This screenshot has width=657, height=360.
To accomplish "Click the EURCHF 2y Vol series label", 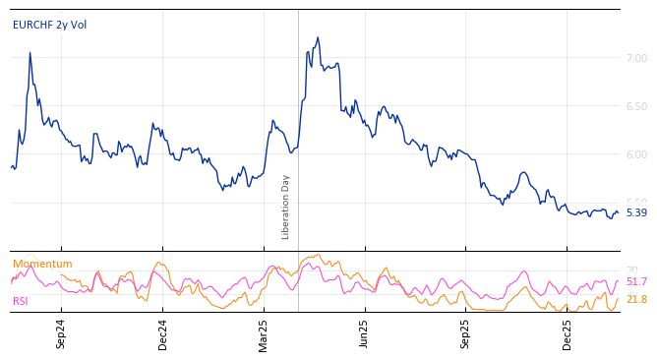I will pos(49,26).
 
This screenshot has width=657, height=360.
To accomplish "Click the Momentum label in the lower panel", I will pos(42,264).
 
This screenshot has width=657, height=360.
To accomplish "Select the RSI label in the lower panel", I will pos(21,301).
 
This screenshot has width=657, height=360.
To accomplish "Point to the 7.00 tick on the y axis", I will pos(636,58).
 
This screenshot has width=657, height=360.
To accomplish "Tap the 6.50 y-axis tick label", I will pos(636,106).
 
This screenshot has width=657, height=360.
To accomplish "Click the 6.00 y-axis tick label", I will pos(636,154).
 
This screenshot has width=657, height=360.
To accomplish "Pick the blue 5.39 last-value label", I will pos(636,212).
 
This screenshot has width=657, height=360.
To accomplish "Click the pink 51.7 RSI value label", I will pos(636,282).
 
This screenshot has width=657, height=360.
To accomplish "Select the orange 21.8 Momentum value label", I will pos(636,299).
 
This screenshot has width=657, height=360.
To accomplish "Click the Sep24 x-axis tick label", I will pos(61,333).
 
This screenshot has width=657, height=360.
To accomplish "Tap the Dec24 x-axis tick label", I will pos(163,333).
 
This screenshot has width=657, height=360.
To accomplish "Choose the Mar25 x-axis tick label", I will pos(264,333).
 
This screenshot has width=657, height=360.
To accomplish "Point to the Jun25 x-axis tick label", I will pos(364,333).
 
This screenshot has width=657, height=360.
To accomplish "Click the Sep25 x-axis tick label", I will pos(465,333).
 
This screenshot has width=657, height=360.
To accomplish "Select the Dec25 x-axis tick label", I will pos(567,333).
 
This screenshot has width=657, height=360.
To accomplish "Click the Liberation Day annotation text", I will pos(286,207).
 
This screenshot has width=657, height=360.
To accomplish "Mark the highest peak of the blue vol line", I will pos(318,37).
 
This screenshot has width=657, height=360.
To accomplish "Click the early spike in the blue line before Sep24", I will pos(30,53).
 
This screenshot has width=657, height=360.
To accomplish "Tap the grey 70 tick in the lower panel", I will pos(631,270).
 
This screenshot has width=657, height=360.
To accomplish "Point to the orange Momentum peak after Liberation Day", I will pos(317,255).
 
